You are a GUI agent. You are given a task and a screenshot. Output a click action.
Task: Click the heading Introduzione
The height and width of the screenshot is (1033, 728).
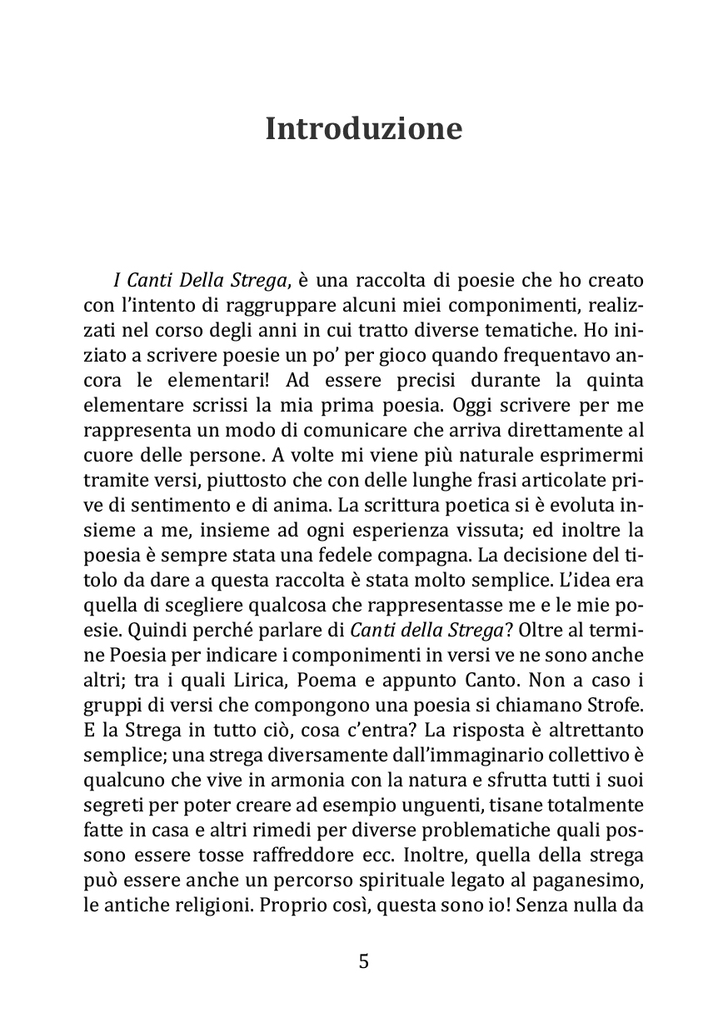click(363, 129)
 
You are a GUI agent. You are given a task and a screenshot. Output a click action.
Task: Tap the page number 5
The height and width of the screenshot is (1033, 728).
click(363, 961)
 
